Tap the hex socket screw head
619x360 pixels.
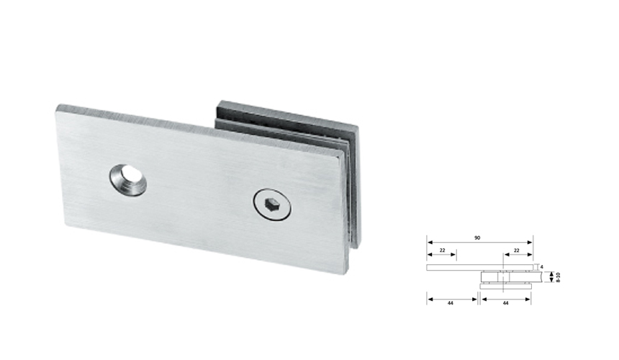[270, 204]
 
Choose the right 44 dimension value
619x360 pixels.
[506, 304]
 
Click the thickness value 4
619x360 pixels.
[541, 266]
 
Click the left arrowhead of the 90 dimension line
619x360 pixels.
[429, 242]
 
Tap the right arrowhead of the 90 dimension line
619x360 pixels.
[531, 242]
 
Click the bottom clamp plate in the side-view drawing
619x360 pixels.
[506, 286]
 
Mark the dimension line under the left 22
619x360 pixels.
[441, 255]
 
